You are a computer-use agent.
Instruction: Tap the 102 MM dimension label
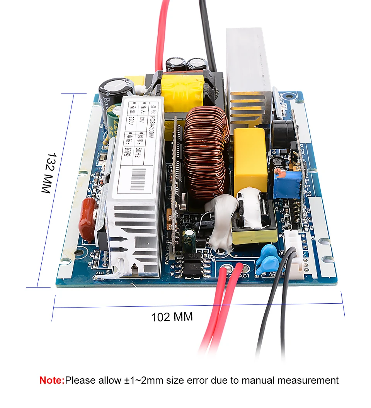coord(172,317)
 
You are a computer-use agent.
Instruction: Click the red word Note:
coord(52,380)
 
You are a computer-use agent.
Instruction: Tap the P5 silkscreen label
coord(282,254)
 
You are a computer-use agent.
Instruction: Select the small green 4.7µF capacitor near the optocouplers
coord(189,240)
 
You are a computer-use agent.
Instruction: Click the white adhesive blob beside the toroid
coord(222,220)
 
